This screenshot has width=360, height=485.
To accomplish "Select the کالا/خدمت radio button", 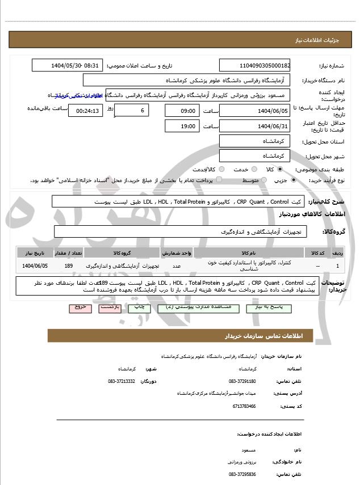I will [221, 169].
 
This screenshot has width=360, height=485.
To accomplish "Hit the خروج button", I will [79, 307].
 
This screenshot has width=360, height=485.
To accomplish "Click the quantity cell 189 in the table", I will [69, 265].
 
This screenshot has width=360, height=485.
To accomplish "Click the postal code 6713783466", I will [244, 406].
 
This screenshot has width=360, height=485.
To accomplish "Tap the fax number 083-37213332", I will [122, 381].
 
